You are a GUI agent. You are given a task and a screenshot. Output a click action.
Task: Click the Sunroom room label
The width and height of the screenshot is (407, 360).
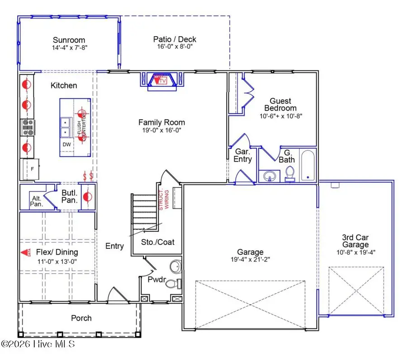click(x=69, y=40)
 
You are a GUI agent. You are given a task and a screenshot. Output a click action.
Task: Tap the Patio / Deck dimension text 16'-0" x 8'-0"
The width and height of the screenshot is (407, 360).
click(x=175, y=47)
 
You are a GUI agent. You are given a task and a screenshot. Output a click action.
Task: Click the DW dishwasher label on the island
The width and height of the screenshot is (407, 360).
click(x=66, y=145)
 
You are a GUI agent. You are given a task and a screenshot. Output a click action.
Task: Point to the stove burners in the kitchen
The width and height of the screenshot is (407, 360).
click(x=27, y=127)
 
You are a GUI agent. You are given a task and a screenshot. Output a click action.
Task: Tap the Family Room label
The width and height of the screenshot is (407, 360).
click(x=161, y=122)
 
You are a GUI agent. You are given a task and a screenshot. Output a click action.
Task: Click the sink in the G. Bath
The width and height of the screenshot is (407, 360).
click(x=271, y=176)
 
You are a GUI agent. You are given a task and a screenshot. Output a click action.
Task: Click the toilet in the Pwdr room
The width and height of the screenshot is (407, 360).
click(x=173, y=284)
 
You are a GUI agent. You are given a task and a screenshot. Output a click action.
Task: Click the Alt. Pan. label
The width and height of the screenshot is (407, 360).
click(x=36, y=200)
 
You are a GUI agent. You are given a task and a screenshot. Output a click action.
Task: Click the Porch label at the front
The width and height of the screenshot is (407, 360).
click(x=81, y=318)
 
